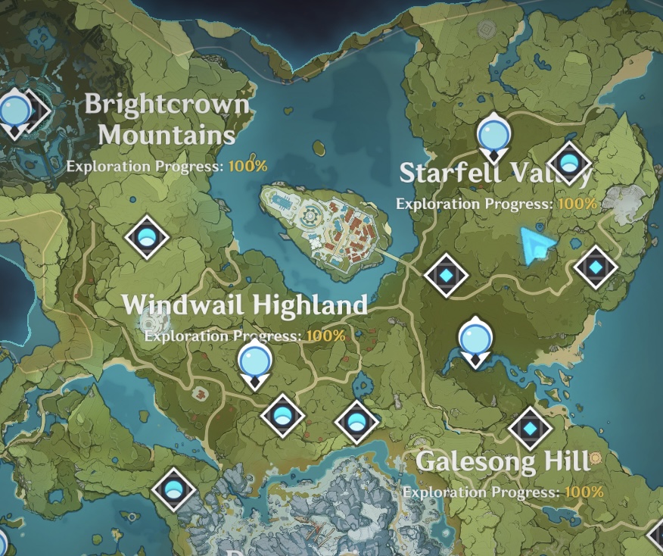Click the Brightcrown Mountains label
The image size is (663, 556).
tap(167, 119)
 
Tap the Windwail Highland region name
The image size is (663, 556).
tap(244, 305)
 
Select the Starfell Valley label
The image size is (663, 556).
tap(495, 173)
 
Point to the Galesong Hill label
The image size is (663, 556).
tap(503, 461)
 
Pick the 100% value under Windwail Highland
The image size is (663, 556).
tap(326, 335)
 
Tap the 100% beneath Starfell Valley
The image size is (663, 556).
tap(577, 204)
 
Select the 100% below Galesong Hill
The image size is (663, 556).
tap(584, 492)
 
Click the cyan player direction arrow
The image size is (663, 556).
tap(537, 245)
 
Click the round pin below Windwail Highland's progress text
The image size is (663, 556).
tap(254, 362)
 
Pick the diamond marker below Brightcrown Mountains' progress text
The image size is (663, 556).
tap(147, 237)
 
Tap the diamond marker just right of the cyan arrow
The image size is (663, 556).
tap(596, 267)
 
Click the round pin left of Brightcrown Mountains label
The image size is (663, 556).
tap(14, 111)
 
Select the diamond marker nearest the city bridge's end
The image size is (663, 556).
tap(446, 274)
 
